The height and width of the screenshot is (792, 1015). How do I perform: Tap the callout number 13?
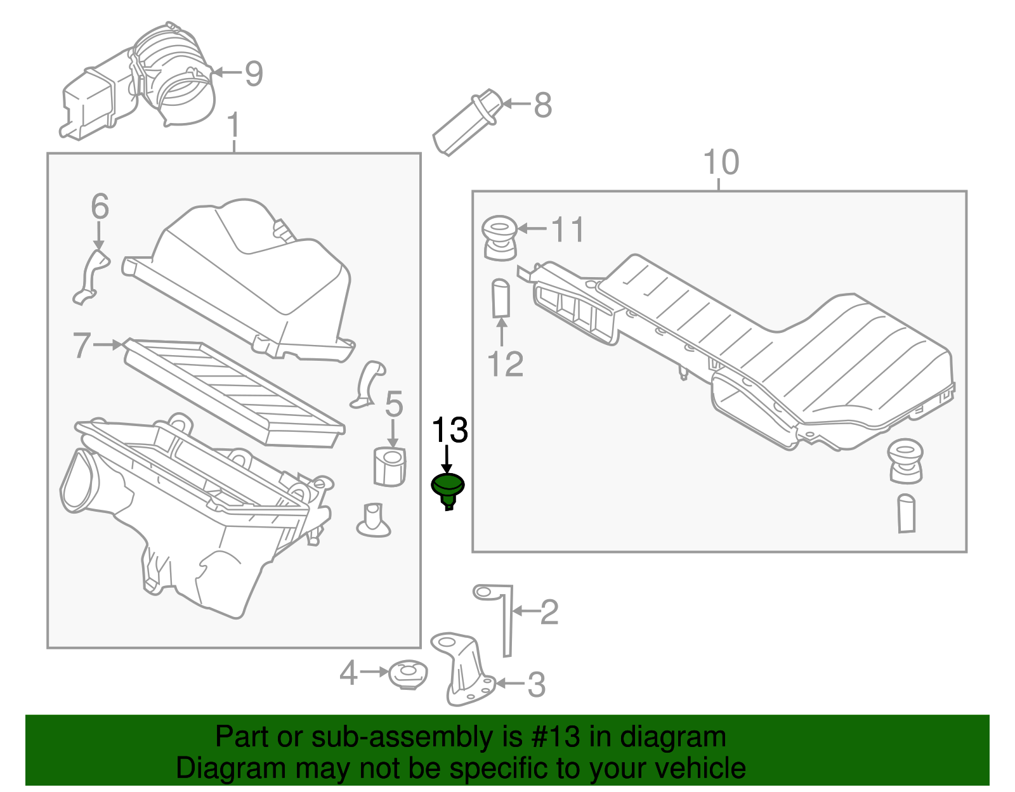(450, 431)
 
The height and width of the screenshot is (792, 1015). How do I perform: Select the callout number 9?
(254, 74)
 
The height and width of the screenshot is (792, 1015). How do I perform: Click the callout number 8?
(542, 105)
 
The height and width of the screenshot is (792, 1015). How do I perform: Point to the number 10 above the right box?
(721, 162)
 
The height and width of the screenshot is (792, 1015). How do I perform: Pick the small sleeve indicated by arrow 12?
(501, 298)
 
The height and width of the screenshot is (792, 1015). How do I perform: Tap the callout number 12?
(505, 364)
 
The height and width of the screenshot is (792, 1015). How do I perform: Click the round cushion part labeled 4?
(407, 675)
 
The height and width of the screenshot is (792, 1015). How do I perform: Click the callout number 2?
(549, 612)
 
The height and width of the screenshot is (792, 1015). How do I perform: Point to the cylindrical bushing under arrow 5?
(389, 467)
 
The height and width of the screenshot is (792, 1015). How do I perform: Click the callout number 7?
(82, 346)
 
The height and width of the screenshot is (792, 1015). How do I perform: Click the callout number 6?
(100, 207)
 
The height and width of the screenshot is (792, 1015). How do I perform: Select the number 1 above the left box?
(233, 126)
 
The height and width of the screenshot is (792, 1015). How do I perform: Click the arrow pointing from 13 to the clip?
(448, 458)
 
